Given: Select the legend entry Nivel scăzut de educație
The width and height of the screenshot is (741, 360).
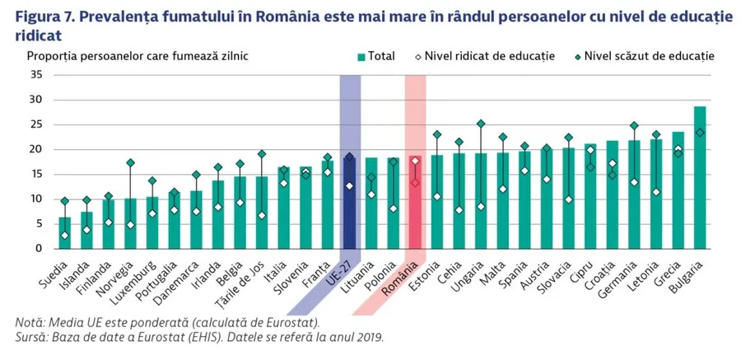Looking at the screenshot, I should (x=643, y=57).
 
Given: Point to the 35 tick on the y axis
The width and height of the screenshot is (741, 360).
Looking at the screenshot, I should (x=36, y=75).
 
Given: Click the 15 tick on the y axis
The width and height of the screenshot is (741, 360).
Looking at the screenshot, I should (x=36, y=174).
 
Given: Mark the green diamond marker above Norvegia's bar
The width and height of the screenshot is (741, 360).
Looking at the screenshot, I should (x=130, y=163).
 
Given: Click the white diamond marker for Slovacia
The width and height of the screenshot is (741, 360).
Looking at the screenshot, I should (x=568, y=199).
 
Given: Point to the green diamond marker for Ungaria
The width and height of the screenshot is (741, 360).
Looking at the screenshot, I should (x=481, y=124).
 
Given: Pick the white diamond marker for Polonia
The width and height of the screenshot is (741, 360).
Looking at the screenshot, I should (x=394, y=208).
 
